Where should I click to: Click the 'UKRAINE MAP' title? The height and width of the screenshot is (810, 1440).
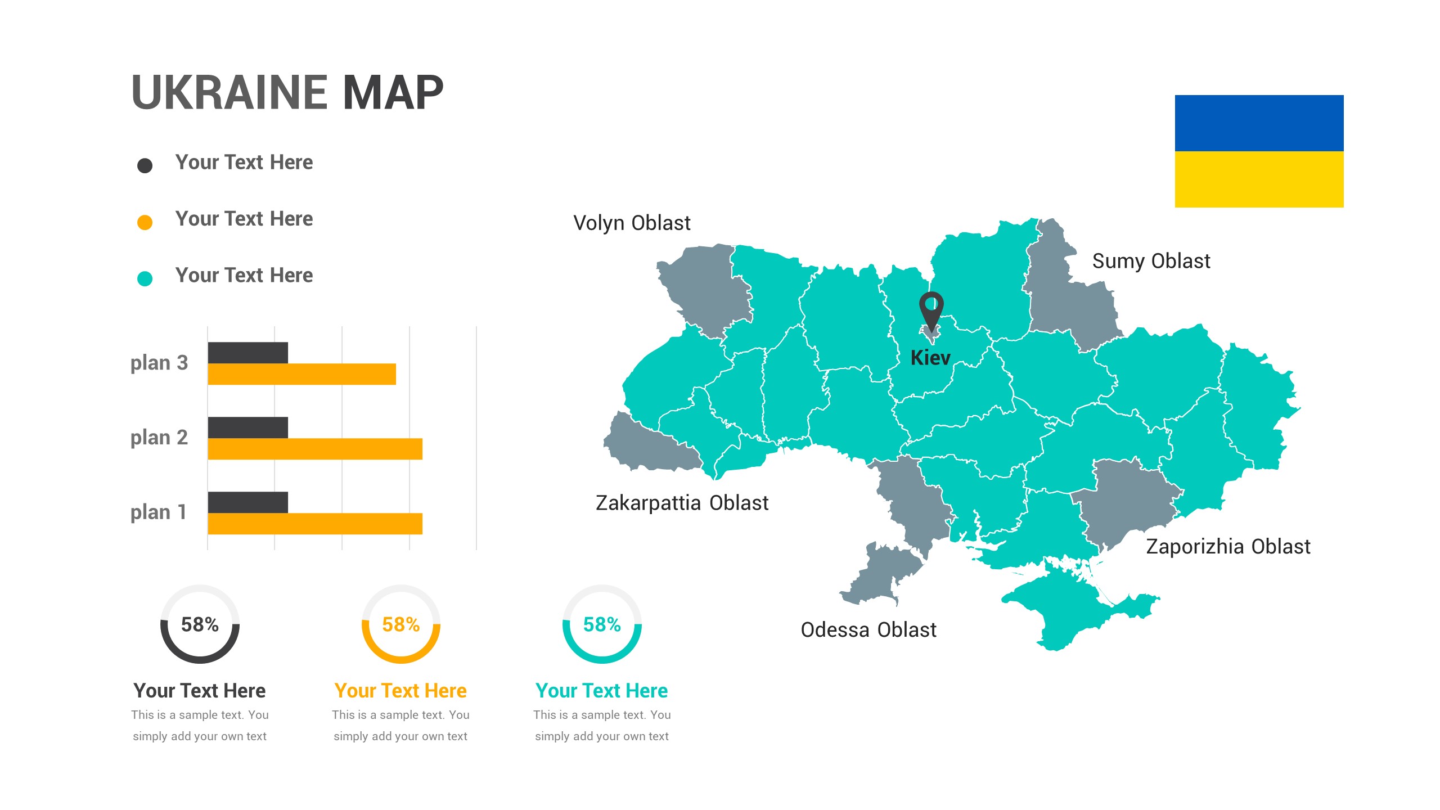(x=287, y=93)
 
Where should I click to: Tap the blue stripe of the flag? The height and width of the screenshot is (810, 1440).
(x=1258, y=123)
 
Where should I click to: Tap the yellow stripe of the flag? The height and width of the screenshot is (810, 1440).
(x=1258, y=179)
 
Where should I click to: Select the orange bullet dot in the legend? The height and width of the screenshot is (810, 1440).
(x=145, y=222)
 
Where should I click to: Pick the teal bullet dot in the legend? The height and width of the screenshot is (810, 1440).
(x=145, y=278)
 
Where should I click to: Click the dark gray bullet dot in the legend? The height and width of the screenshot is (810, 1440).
(x=145, y=165)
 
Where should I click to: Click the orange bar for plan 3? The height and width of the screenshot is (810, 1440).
(x=301, y=374)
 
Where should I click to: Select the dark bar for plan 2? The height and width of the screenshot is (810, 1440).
(x=247, y=427)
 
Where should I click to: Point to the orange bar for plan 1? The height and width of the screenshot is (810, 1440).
(x=314, y=524)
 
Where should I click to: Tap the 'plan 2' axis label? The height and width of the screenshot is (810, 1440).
(x=159, y=438)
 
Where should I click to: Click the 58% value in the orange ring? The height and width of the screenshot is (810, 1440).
(x=400, y=624)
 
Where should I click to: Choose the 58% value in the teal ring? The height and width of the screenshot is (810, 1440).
(x=601, y=624)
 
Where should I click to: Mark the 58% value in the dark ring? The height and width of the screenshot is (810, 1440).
(x=200, y=624)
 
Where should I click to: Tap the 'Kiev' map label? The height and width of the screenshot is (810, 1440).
(x=930, y=358)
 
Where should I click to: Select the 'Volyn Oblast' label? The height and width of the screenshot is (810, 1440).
(x=631, y=223)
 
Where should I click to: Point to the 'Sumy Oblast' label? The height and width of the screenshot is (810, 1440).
(x=1151, y=262)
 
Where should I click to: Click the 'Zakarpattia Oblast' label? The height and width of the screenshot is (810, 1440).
(x=682, y=503)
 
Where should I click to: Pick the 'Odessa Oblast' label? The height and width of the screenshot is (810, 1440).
(x=868, y=630)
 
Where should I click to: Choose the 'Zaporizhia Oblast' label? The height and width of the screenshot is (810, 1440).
(x=1228, y=547)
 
